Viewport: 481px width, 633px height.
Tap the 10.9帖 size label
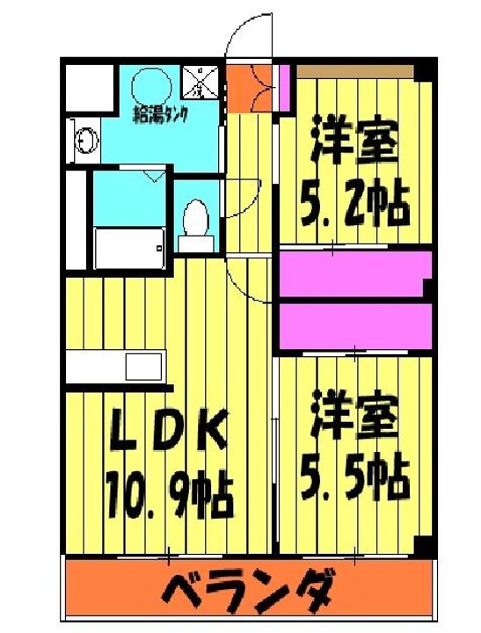tap(169, 494)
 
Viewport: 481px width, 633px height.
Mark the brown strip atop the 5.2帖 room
tap(356, 69)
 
